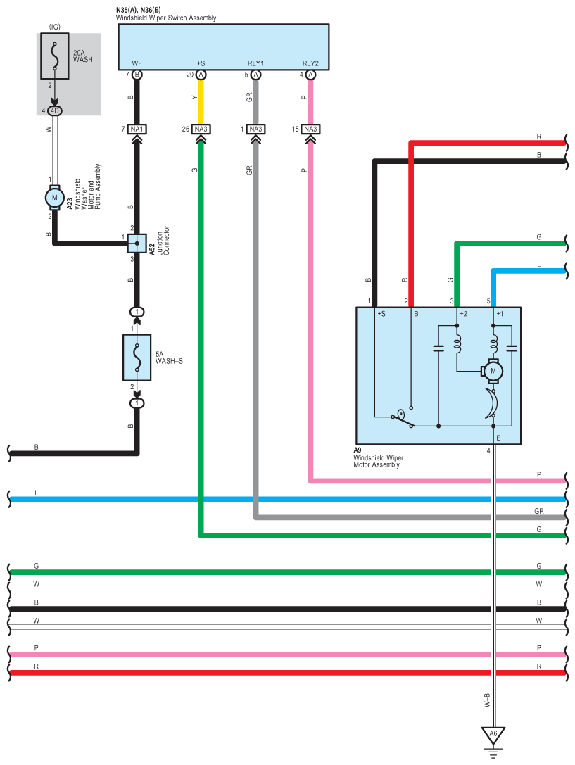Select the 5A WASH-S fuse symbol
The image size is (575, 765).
pos(137,357)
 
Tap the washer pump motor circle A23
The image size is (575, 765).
pos(55,198)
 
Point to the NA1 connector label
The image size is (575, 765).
pos(137,129)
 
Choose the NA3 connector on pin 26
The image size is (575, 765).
pos(201,129)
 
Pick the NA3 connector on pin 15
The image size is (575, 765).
pos(310,129)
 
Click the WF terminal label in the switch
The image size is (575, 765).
pos(137,63)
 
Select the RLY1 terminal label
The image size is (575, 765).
pos(255,63)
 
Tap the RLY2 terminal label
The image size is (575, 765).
pos(310,63)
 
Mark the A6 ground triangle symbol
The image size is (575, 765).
pos(493,734)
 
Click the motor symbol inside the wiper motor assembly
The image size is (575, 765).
pos(493,370)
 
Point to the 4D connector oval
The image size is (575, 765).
pos(55,110)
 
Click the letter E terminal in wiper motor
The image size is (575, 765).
pos(498,438)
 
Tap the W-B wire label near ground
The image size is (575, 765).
pos(486,700)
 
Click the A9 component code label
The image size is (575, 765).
pos(358,450)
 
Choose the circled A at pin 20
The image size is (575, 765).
pos(201,74)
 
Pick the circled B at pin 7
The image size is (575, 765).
pos(137,74)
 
